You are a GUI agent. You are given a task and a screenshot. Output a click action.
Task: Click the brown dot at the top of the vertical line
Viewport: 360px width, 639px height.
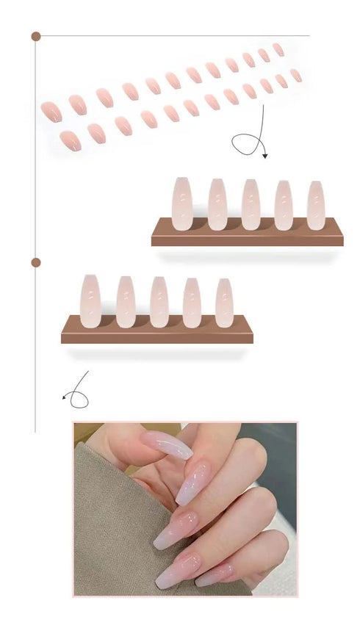pyautogui.click(x=35, y=36)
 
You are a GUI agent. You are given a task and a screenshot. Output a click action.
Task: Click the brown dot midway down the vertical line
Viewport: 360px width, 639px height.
pyautogui.click(x=35, y=262)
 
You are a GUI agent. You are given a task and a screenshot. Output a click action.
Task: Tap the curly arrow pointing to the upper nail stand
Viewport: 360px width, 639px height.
pyautogui.click(x=249, y=140)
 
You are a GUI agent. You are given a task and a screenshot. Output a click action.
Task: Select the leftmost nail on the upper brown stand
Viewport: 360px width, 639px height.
pyautogui.click(x=181, y=203)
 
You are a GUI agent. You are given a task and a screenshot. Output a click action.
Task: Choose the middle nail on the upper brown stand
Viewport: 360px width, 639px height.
pyautogui.click(x=250, y=204)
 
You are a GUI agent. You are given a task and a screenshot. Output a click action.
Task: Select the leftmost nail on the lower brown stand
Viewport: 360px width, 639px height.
pyautogui.click(x=90, y=301)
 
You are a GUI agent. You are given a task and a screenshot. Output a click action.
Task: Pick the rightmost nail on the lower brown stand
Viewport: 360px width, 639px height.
pyautogui.click(x=224, y=303)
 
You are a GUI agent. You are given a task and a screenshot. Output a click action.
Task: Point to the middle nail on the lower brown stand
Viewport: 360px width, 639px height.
pyautogui.click(x=159, y=302)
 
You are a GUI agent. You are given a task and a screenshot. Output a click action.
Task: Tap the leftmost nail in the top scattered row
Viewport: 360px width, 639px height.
pyautogui.click(x=50, y=111)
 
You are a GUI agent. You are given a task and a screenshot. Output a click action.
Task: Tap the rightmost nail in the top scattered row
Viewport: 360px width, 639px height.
pyautogui.click(x=278, y=49)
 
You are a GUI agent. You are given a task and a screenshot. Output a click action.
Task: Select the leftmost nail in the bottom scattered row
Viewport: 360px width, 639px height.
pyautogui.click(x=70, y=140)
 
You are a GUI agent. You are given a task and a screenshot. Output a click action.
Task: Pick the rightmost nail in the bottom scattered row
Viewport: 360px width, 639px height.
pyautogui.click(x=295, y=75)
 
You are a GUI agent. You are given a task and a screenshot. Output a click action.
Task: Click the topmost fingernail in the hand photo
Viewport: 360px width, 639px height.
pyautogui.click(x=168, y=444)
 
